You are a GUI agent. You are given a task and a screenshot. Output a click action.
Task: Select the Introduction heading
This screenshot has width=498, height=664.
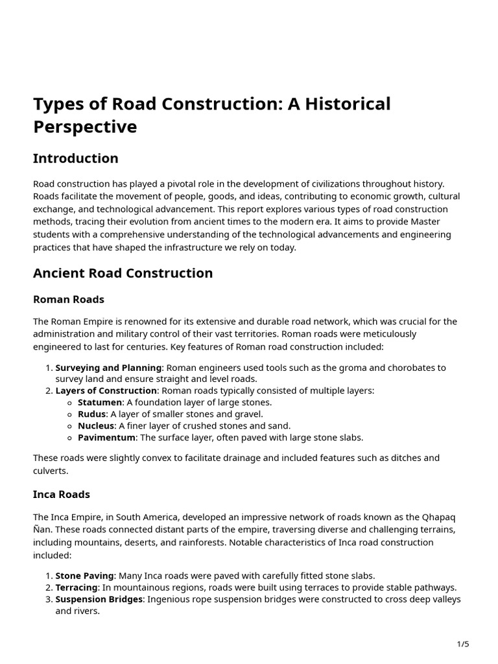[x=76, y=158]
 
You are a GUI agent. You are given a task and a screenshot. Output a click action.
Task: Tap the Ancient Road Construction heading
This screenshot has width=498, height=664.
[x=123, y=273]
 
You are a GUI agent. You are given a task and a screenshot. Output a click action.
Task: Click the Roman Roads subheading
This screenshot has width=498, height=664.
[x=69, y=300]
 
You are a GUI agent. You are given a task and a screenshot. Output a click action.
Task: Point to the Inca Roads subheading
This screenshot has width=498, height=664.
[x=62, y=494]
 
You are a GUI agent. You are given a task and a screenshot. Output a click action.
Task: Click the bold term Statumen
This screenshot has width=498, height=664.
[x=100, y=402]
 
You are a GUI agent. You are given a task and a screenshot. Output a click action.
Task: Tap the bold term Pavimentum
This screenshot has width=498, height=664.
[x=107, y=437]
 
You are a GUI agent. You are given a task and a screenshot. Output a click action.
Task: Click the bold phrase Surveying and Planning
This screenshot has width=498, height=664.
[x=108, y=368]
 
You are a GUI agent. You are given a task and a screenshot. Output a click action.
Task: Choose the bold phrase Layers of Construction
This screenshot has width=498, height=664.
[x=106, y=390]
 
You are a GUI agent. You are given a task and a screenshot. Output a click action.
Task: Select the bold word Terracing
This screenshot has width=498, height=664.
[x=77, y=587]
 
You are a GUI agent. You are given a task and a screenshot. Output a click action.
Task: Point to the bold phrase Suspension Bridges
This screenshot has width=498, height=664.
[x=99, y=599]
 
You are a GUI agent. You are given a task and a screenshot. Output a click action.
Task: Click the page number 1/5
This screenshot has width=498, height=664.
[x=463, y=644]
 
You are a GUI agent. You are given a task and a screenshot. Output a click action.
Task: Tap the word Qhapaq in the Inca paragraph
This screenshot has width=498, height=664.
[x=439, y=517]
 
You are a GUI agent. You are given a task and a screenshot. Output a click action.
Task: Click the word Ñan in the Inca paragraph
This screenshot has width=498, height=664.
[x=43, y=529]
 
